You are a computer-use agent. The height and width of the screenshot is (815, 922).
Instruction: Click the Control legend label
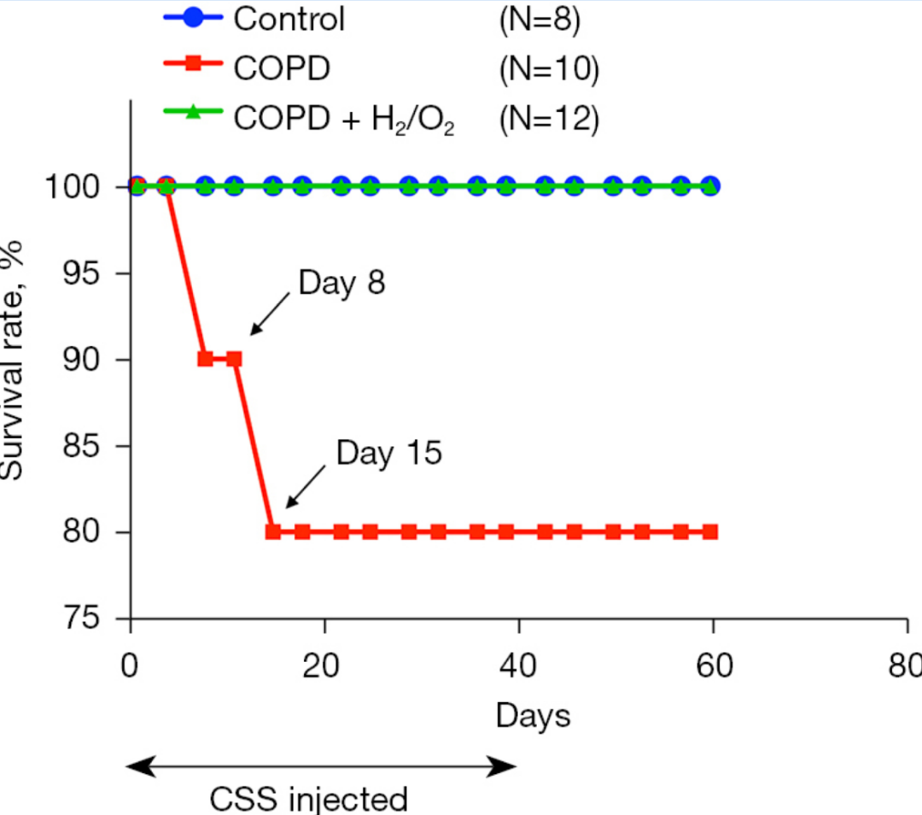tap(289, 19)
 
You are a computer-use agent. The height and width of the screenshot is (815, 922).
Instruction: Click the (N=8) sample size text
tap(540, 19)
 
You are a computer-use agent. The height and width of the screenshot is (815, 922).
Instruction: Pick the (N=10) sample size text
tap(549, 68)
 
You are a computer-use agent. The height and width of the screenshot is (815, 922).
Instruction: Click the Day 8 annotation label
tap(341, 282)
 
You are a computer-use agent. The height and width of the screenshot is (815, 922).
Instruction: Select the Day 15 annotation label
tap(389, 453)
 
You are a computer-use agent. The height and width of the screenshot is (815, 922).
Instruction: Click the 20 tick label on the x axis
tap(324, 666)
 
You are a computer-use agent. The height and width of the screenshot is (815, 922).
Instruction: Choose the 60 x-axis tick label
tap(713, 666)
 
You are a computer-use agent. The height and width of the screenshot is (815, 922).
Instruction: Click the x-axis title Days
tap(533, 715)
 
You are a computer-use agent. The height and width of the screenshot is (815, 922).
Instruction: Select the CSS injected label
tap(309, 800)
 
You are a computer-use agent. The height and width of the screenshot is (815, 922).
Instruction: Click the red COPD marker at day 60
tap(710, 531)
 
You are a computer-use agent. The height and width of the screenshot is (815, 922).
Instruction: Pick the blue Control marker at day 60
tap(710, 185)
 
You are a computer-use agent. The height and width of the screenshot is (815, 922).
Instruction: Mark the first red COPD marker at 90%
tap(205, 359)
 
